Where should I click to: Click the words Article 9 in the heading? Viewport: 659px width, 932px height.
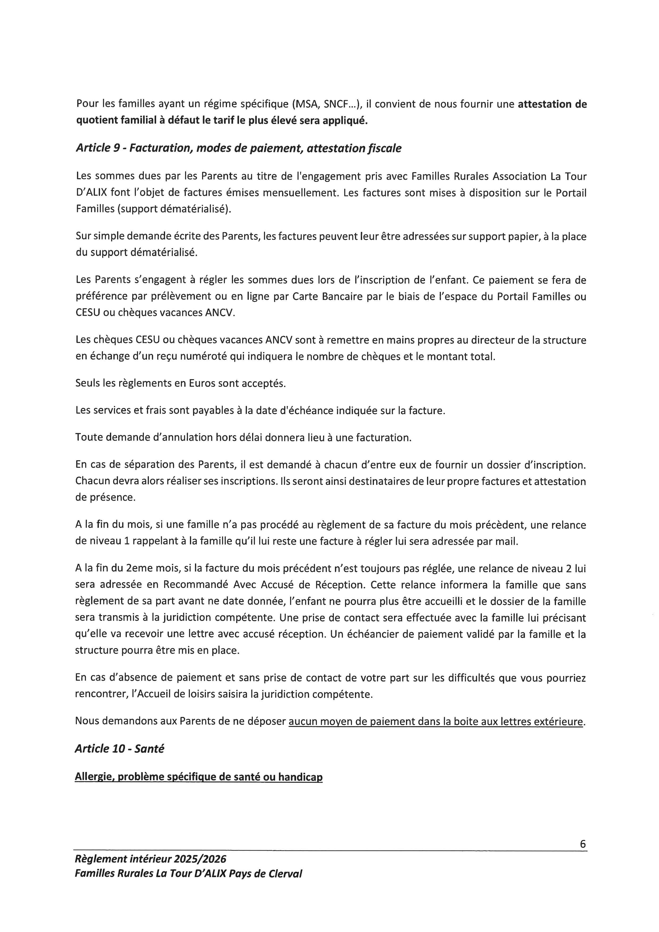(x=98, y=149)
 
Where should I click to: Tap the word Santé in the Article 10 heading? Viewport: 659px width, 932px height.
(x=149, y=749)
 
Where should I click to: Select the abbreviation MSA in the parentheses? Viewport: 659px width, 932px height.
(x=307, y=104)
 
